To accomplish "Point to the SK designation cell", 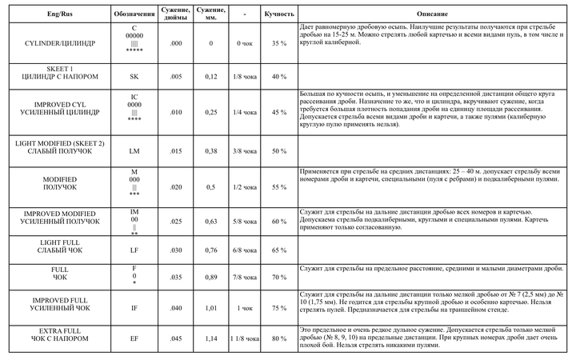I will pyautogui.click(x=134, y=76).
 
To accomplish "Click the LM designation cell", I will pyautogui.click(x=134, y=150).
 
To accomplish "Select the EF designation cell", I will pyautogui.click(x=134, y=338).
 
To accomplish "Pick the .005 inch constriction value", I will pyautogui.click(x=175, y=76).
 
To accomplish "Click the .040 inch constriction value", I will pyautogui.click(x=175, y=307).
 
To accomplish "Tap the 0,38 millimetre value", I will pyautogui.click(x=210, y=150).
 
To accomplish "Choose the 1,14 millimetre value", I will pyautogui.click(x=210, y=338).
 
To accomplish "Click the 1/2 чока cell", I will pyautogui.click(x=245, y=186).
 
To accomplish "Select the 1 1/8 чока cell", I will pyautogui.click(x=245, y=338).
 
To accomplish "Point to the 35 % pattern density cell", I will pyautogui.click(x=278, y=42).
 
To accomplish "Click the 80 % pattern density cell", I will pyautogui.click(x=278, y=338).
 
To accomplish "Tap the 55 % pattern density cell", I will pyautogui.click(x=278, y=186).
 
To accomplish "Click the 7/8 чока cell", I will pyautogui.click(x=245, y=277).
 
